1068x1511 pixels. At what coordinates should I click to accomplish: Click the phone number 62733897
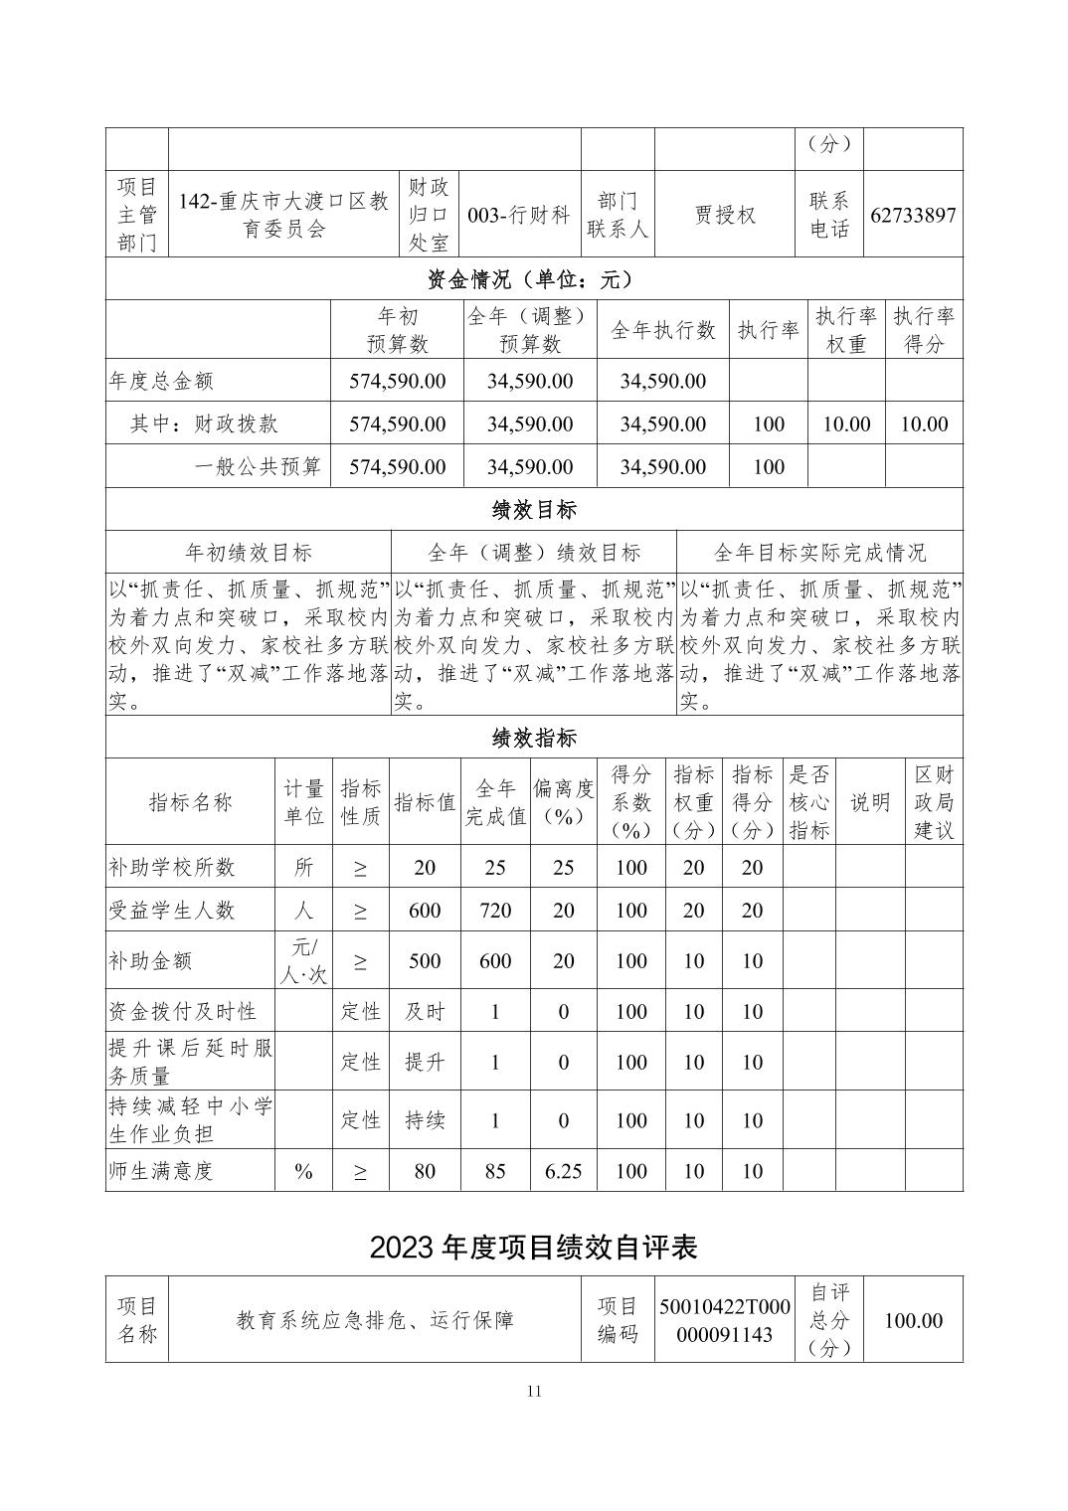(913, 215)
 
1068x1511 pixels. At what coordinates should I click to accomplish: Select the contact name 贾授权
(725, 215)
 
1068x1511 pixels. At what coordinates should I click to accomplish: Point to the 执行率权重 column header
(845, 330)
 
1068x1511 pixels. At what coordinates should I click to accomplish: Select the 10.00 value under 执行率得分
(924, 424)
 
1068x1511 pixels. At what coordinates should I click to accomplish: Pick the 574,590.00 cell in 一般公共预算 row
(397, 467)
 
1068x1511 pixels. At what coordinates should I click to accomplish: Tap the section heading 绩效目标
(534, 510)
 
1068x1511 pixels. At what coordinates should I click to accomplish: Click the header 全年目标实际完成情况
(819, 553)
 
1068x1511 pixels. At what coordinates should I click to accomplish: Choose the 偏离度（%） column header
(563, 802)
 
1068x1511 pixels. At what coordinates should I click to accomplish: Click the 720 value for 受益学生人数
(495, 911)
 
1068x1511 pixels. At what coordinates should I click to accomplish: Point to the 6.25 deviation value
(563, 1171)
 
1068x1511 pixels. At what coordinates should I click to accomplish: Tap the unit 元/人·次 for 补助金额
(303, 960)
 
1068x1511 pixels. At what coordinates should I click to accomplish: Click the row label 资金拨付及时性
(182, 1012)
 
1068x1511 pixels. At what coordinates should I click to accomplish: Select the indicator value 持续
(425, 1120)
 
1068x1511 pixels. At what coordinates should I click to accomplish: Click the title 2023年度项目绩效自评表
(534, 1248)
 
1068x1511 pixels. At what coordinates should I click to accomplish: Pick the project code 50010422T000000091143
(725, 1320)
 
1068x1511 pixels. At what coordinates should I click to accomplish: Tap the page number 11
(534, 1391)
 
